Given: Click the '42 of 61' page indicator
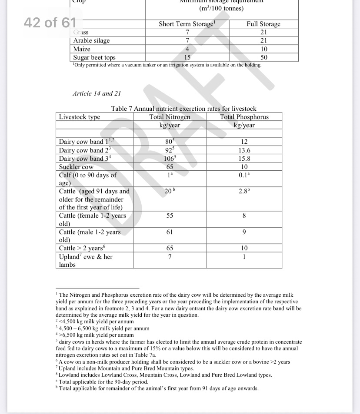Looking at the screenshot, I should coord(50,23).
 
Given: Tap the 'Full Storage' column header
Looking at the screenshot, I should coord(263,24).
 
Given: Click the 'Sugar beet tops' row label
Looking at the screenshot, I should coord(94,57).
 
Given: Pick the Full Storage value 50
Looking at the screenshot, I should coord(263,57).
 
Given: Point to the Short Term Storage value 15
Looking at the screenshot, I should coord(187,57).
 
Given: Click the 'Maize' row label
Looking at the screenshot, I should coord(82,49).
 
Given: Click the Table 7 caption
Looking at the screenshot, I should coord(184,109).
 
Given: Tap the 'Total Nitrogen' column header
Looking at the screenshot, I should coord(170,117).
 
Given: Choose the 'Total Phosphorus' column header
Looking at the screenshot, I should coord(244,117).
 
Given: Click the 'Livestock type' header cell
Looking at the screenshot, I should coord(80,117).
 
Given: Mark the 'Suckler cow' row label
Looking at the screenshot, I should coord(76,167).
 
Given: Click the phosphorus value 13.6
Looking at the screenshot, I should coord(244,150).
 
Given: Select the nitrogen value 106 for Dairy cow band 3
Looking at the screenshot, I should coord(169,159).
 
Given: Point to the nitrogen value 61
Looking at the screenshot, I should coord(170,232).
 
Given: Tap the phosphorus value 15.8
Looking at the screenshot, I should coord(244,159).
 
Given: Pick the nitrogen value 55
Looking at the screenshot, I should coord(170,215).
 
